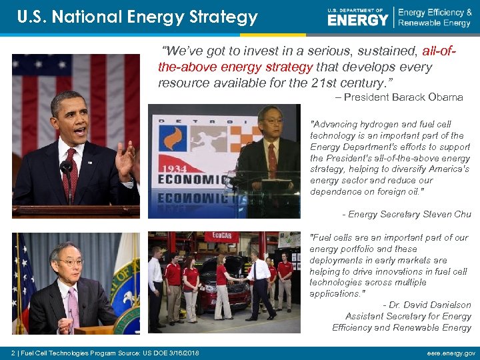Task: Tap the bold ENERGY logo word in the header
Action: pyautogui.click(x=357, y=20)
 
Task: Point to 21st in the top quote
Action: pyautogui.click(x=321, y=83)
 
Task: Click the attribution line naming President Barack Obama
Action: pyautogui.click(x=399, y=97)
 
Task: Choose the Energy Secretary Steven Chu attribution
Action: pyautogui.click(x=406, y=215)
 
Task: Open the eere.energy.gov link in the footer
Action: pyautogui.click(x=451, y=353)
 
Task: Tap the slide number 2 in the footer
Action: pyautogui.click(x=14, y=353)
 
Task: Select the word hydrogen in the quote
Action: pyautogui.click(x=380, y=124)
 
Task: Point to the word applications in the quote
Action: pyautogui.click(x=335, y=293)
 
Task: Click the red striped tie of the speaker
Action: pyautogui.click(x=69, y=171)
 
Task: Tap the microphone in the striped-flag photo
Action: pyautogui.click(x=66, y=168)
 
